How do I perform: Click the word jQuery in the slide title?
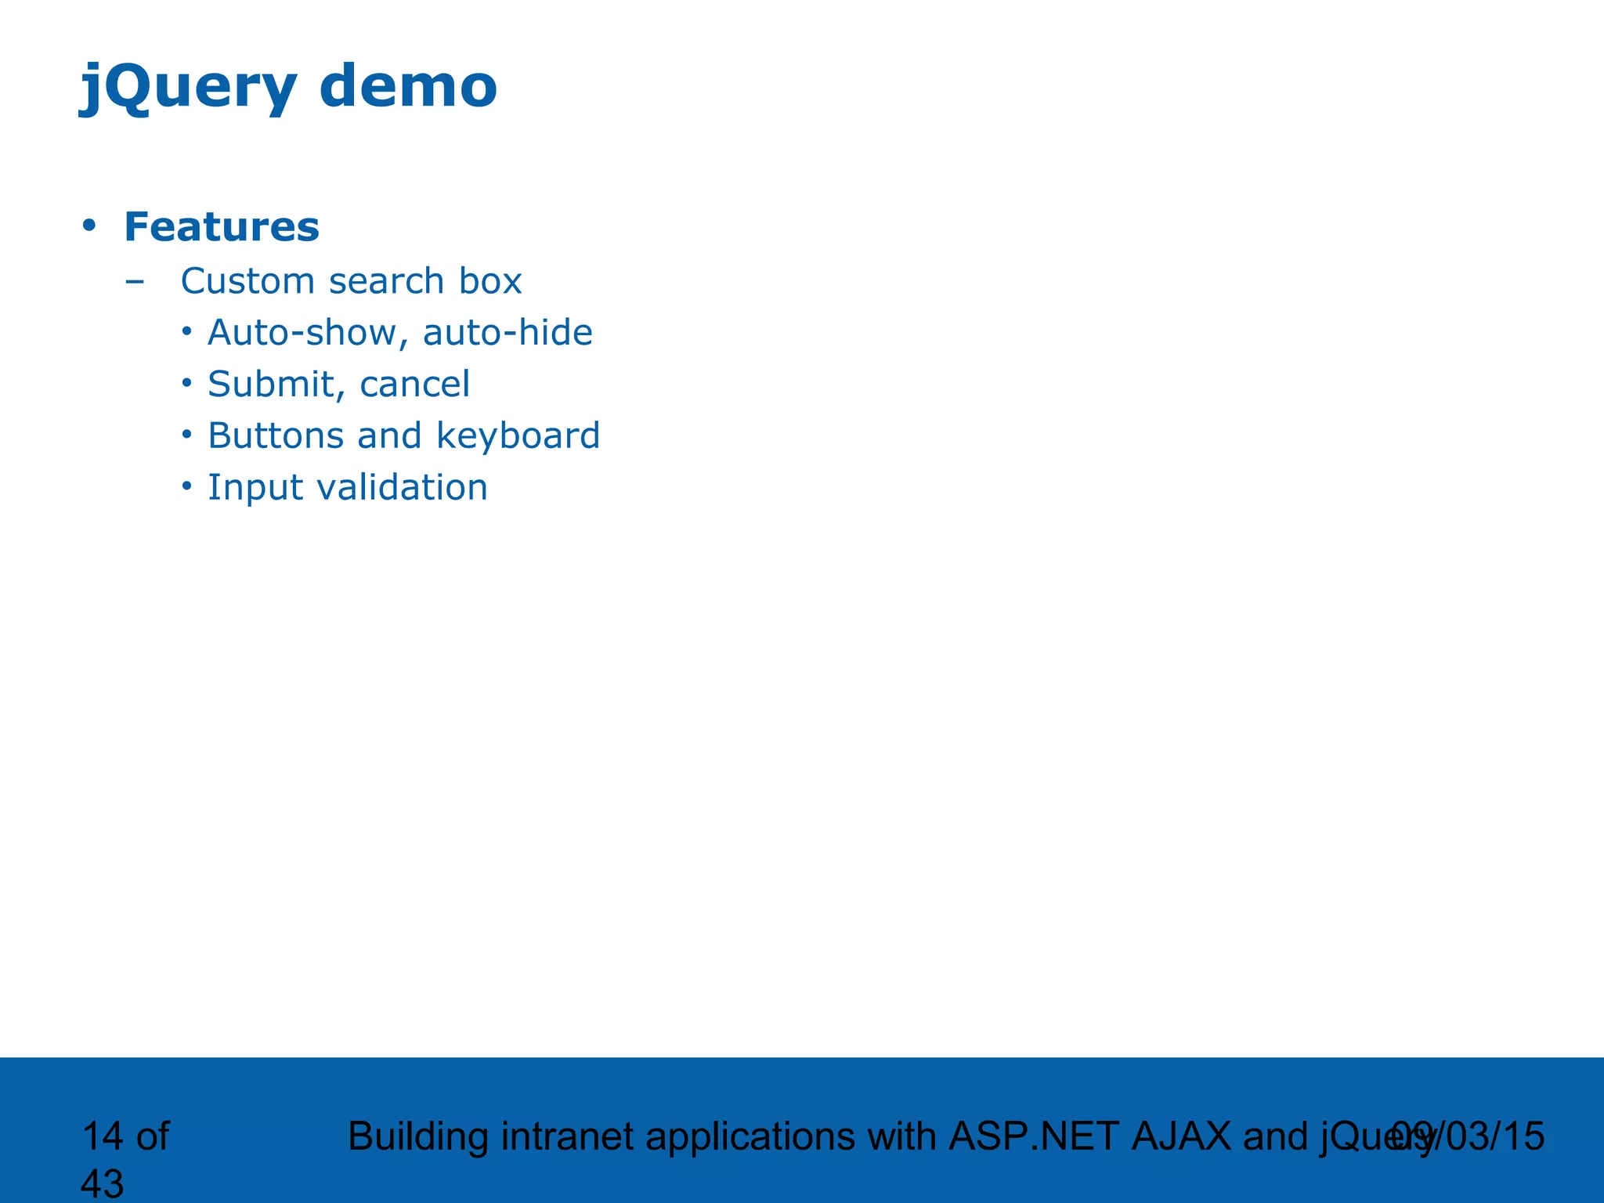(188, 87)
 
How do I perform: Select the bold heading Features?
(222, 227)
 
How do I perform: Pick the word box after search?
(490, 281)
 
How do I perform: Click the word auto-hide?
(508, 333)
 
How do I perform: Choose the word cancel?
(414, 385)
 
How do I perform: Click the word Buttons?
(276, 435)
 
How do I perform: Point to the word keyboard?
(518, 435)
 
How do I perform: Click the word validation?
(402, 487)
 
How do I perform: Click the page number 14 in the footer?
(101, 1136)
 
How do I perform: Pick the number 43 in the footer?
(102, 1183)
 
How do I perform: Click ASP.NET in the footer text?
(1033, 1136)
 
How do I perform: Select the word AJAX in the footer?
(1181, 1136)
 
